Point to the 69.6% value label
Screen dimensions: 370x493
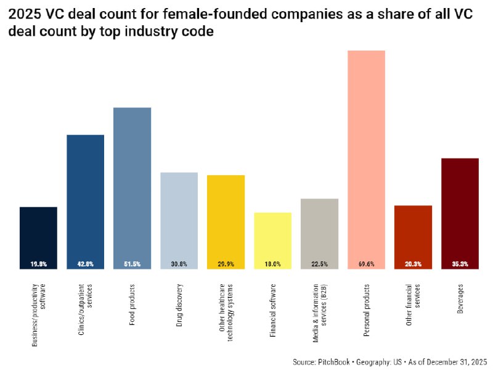(366, 264)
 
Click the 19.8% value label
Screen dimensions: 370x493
(38, 264)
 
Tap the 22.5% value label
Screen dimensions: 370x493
(319, 264)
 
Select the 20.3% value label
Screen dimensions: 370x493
(413, 264)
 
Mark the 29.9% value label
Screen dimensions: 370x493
(226, 264)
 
